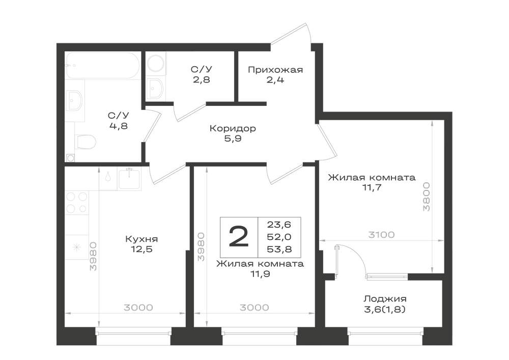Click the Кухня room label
pyautogui.click(x=142, y=239)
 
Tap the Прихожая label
pyautogui.click(x=275, y=70)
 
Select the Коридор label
pyautogui.click(x=233, y=128)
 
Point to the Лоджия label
pyautogui.click(x=385, y=299)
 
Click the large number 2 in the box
pyautogui.click(x=239, y=237)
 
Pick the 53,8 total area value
pyautogui.click(x=279, y=249)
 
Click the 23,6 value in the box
pyautogui.click(x=279, y=225)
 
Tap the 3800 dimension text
pyautogui.click(x=426, y=197)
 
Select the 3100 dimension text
pyautogui.click(x=381, y=234)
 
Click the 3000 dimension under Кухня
pyautogui.click(x=138, y=308)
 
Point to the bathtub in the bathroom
pyautogui.click(x=103, y=65)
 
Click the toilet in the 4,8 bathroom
pyautogui.click(x=86, y=142)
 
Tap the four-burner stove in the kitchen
pyautogui.click(x=77, y=203)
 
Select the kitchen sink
pyautogui.click(x=129, y=179)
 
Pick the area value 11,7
pyautogui.click(x=372, y=187)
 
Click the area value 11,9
pyautogui.click(x=260, y=273)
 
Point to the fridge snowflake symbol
pyautogui.click(x=77, y=247)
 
